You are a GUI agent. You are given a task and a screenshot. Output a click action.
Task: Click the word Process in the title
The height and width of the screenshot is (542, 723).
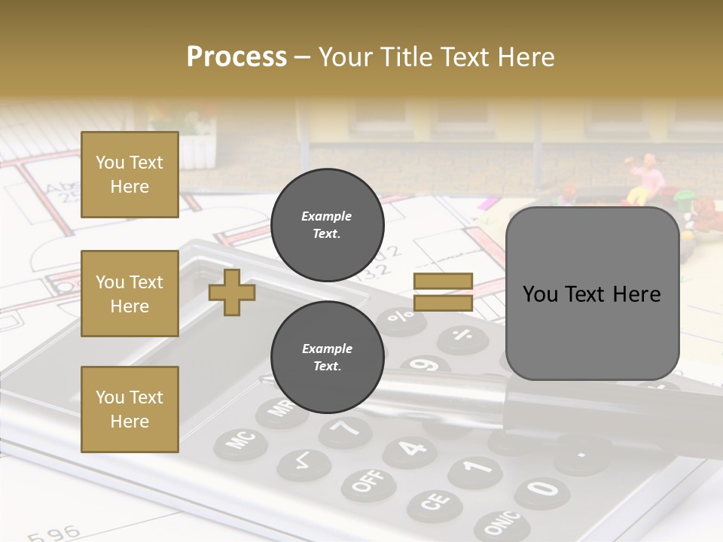tap(236, 57)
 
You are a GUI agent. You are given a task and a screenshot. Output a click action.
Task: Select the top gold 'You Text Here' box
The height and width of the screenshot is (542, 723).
tap(130, 175)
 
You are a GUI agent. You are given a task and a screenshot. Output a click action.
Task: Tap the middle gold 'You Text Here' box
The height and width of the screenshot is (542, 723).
tap(130, 294)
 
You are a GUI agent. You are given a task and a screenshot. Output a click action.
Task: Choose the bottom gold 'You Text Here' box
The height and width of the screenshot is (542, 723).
tap(130, 409)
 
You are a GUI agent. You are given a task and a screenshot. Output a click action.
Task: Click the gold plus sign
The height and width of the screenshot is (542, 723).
tap(232, 292)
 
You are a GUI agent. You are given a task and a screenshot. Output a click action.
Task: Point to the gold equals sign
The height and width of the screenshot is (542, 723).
tap(443, 292)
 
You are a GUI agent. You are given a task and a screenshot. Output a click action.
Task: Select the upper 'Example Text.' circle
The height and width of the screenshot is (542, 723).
tap(327, 224)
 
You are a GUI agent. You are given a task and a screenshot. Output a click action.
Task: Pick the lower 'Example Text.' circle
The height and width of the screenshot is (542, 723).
tap(327, 357)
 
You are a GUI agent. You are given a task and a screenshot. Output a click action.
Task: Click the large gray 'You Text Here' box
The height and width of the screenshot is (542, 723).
tap(592, 294)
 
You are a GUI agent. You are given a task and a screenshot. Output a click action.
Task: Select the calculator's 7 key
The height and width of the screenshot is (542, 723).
tap(346, 430)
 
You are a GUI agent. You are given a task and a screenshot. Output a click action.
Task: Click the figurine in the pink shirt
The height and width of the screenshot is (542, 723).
tap(647, 180)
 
